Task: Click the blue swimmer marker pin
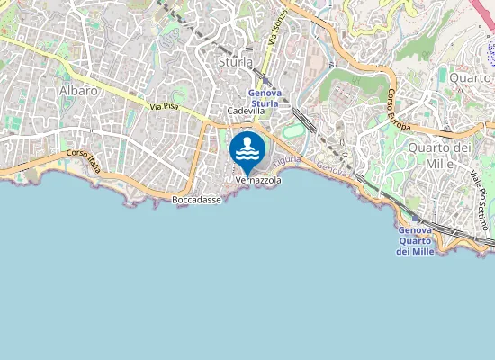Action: click(247, 151)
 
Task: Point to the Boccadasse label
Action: click(196, 200)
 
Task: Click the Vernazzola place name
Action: click(258, 180)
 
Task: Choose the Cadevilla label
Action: click(246, 111)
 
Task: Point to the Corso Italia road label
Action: click(83, 158)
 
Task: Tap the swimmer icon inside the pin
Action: click(247, 147)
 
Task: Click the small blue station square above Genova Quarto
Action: click(414, 218)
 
